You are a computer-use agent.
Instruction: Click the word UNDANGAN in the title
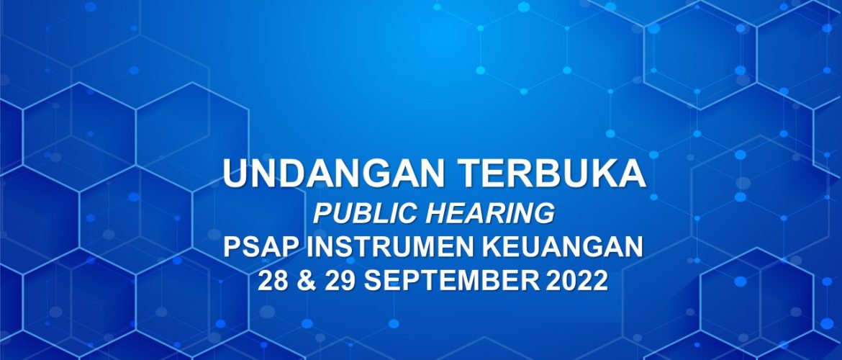pos(333,174)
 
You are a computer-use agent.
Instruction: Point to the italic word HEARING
pos(490,213)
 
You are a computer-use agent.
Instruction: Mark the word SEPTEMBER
pos(451,281)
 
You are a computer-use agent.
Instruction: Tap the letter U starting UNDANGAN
pos(236,174)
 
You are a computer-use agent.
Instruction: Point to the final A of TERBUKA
pos(632,174)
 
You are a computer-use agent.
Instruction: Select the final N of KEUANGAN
pos(633,247)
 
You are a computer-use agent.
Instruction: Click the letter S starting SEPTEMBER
pos(373,281)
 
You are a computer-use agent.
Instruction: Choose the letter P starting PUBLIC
pos(322,213)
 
